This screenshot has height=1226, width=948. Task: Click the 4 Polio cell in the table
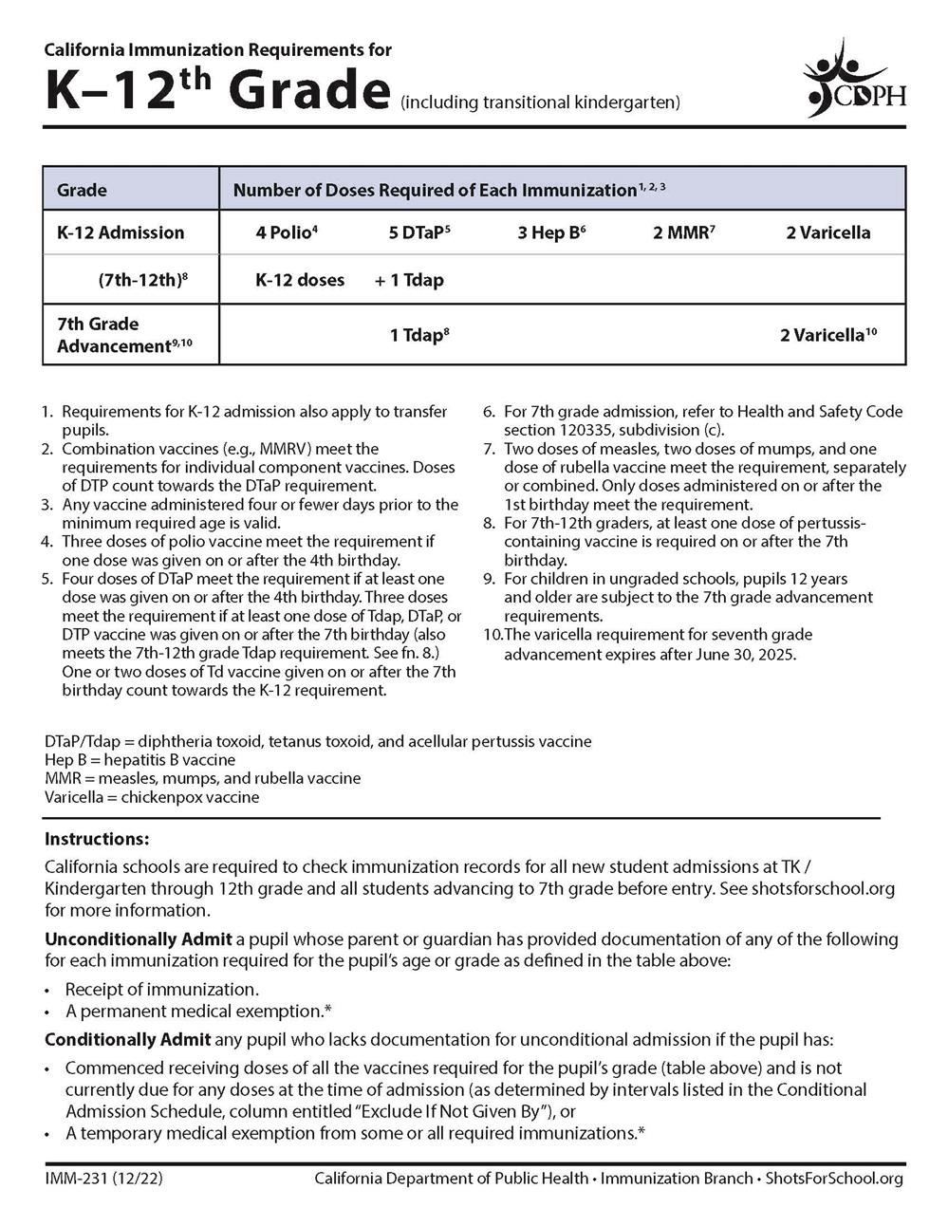[286, 232]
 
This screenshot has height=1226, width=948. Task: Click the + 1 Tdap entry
[409, 280]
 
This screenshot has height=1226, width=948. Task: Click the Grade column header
[82, 190]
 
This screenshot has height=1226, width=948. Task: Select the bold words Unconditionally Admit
[138, 939]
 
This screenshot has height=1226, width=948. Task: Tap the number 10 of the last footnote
[493, 635]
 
